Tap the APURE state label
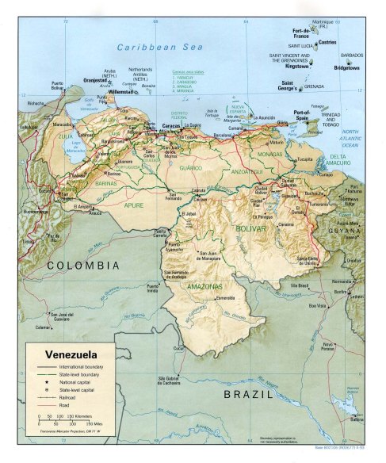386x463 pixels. click(x=133, y=205)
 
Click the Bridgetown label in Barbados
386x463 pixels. click(x=346, y=69)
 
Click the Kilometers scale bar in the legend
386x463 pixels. click(x=60, y=415)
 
